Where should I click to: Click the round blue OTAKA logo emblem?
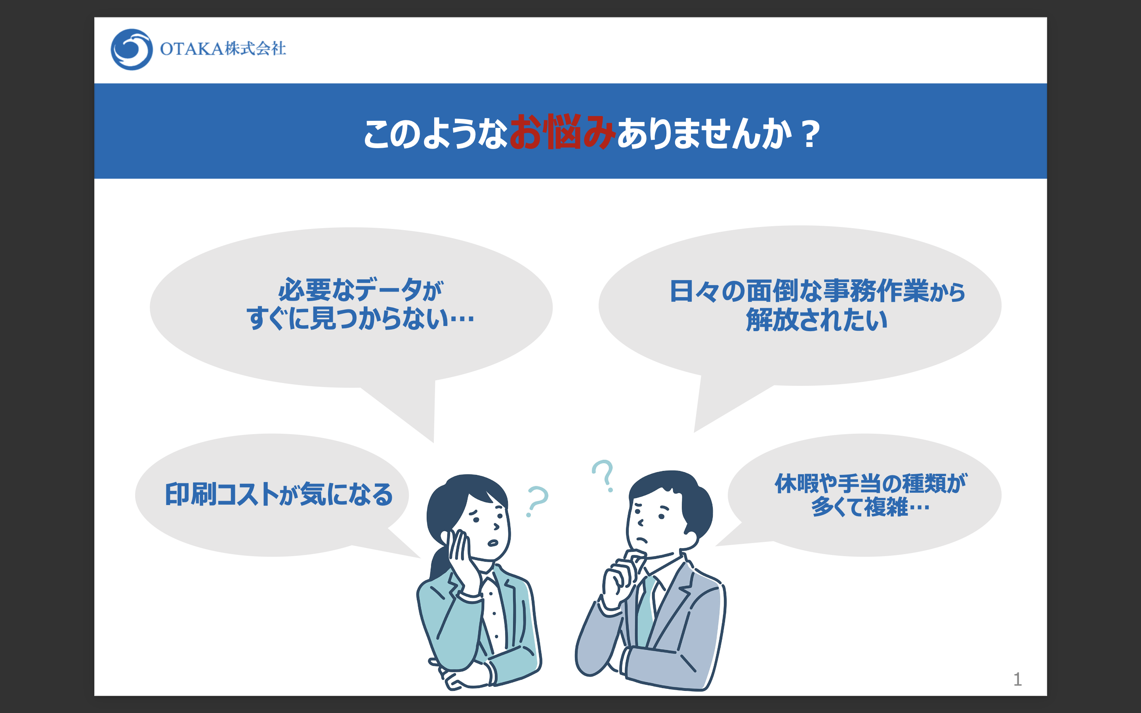point(132,50)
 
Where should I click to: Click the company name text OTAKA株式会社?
point(223,49)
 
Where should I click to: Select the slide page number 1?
point(1017,679)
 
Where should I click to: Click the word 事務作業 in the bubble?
point(876,291)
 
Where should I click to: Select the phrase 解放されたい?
point(817,320)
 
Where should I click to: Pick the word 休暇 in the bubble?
point(796,483)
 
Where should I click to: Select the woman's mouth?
point(493,542)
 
